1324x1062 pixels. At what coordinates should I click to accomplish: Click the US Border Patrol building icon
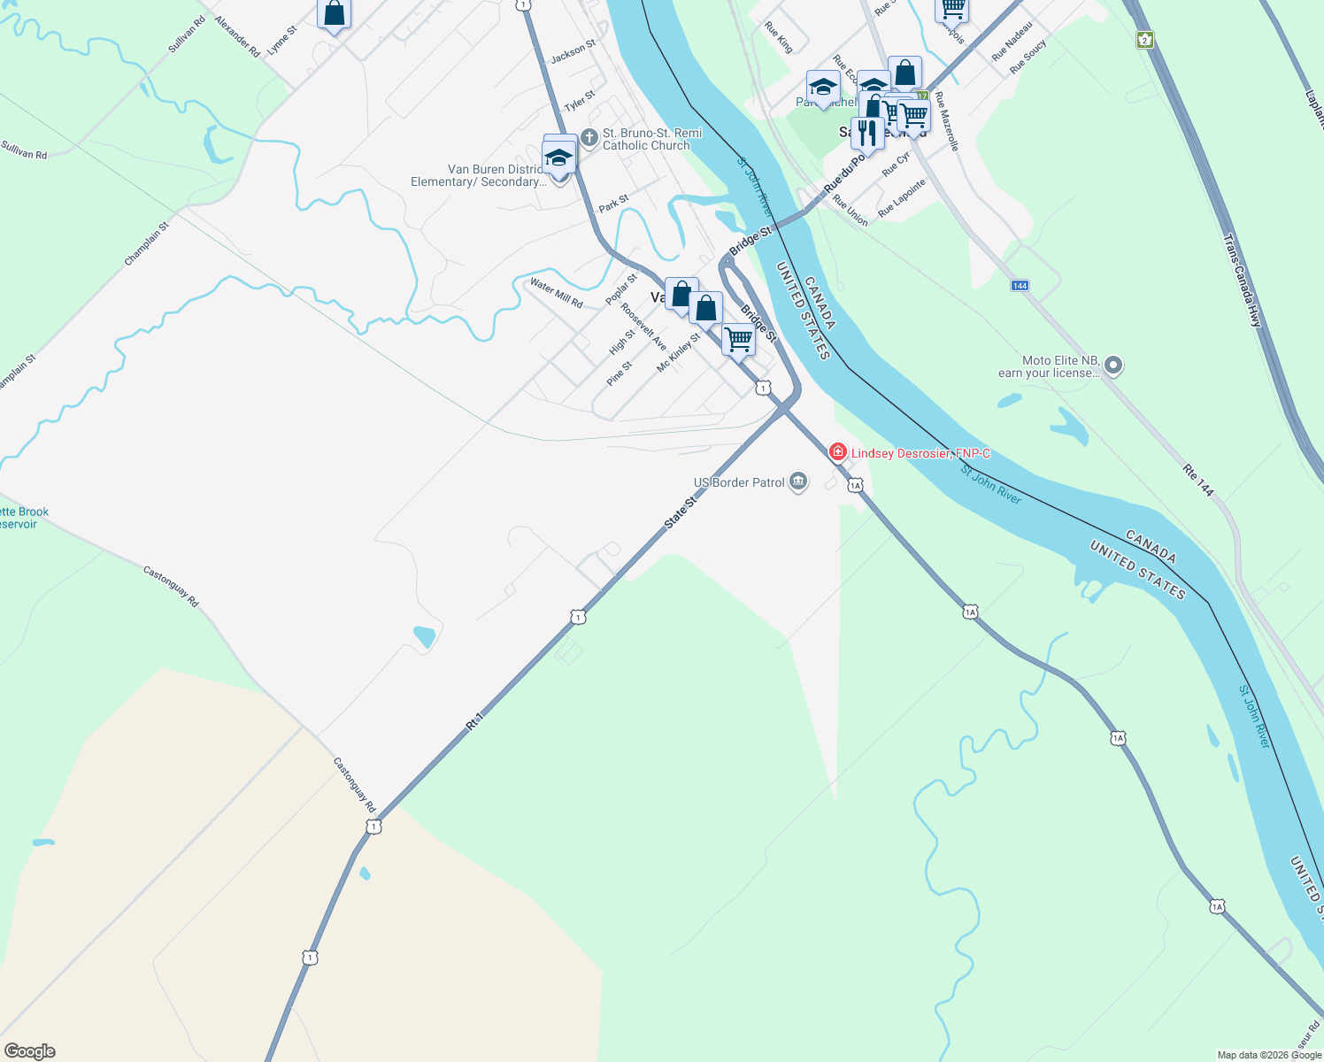pos(798,482)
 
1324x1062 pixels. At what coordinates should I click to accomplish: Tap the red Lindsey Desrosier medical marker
pos(837,453)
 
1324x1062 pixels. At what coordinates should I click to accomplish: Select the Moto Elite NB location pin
pos(1113,366)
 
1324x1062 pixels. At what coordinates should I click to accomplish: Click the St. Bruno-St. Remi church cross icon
pos(589,138)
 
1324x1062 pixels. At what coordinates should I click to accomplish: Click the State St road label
pos(681,513)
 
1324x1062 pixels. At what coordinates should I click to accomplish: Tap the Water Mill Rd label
pos(556,293)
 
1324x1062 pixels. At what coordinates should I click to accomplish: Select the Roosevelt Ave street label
pos(643,327)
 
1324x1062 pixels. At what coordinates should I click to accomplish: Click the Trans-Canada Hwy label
pos(1242,281)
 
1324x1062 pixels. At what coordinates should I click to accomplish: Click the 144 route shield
pos(1020,286)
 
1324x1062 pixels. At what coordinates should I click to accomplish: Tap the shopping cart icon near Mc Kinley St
pos(738,338)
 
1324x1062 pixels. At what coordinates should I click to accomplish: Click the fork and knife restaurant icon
pos(867,133)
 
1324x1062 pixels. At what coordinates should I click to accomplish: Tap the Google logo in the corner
pos(30,1050)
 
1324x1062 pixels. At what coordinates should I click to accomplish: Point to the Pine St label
pos(620,373)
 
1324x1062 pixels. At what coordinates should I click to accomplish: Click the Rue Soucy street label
pos(1028,56)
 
